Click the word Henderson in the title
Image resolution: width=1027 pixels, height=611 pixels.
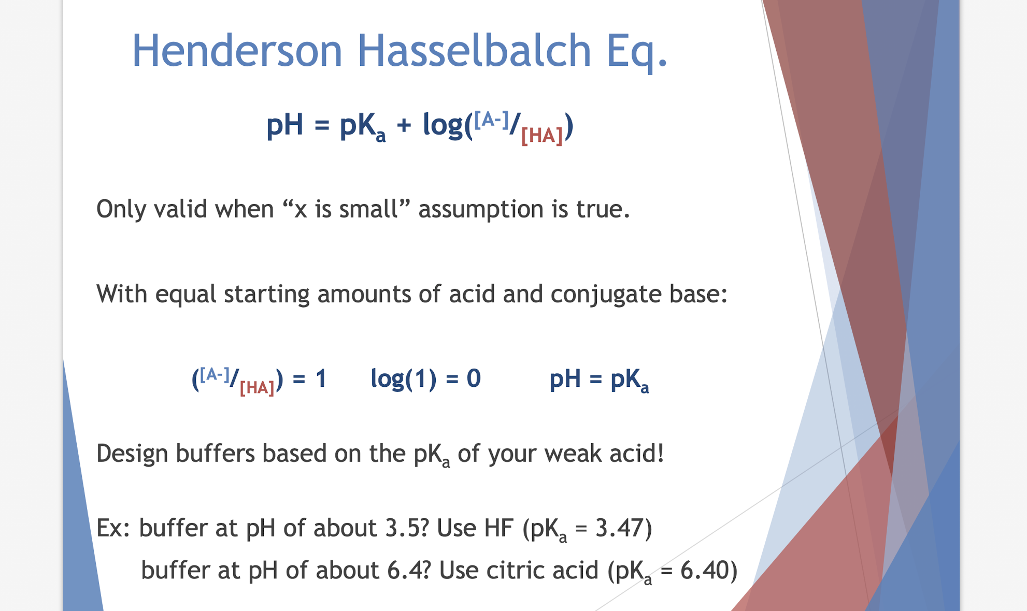[237, 51]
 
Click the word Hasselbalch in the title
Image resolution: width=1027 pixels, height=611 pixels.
[474, 51]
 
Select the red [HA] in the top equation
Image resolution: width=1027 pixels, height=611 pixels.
[541, 136]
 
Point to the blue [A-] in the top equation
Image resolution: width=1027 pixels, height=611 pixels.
[492, 120]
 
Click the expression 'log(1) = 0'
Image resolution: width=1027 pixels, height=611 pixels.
[425, 379]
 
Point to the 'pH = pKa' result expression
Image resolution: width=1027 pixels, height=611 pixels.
[598, 380]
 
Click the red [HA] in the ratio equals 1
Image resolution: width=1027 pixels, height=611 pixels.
[257, 387]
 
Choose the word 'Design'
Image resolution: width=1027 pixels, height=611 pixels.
[132, 454]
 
